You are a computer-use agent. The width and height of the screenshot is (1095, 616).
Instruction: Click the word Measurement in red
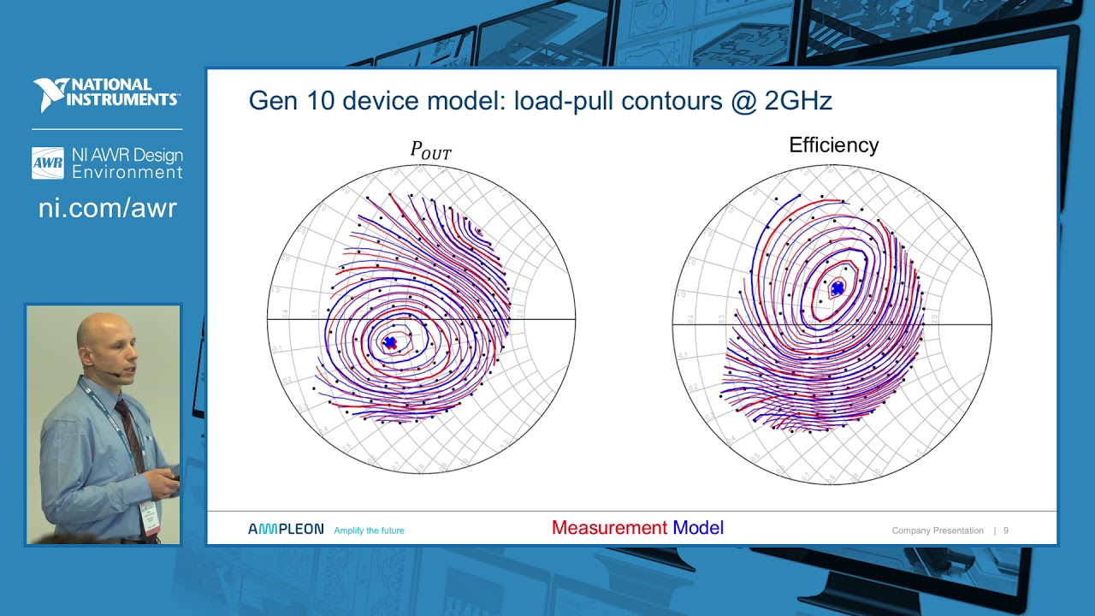tap(609, 528)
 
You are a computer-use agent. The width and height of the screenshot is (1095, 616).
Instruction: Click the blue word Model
tap(698, 528)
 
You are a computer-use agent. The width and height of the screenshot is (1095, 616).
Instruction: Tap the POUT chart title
tap(430, 151)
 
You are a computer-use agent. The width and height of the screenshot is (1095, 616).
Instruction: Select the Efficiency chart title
tap(833, 145)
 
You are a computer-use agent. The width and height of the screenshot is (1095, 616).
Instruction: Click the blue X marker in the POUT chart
tap(390, 342)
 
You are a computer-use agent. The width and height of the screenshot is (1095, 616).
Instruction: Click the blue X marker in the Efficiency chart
tap(838, 288)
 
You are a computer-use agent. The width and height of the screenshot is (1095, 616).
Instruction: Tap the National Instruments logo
tap(106, 94)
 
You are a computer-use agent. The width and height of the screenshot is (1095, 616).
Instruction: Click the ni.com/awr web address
tap(107, 208)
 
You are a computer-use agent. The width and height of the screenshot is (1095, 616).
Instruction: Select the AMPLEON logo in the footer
tap(286, 530)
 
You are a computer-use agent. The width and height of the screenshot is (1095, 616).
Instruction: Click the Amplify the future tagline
tap(369, 530)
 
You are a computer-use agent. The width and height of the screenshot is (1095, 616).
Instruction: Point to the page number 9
tap(1006, 530)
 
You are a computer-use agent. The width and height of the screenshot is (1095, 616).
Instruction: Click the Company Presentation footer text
tap(937, 530)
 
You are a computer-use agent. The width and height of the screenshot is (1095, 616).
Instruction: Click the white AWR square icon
tap(48, 163)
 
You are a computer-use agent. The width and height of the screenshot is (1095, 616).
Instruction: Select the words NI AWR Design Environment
tap(127, 163)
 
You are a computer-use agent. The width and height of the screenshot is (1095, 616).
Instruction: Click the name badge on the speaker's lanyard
tap(149, 517)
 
